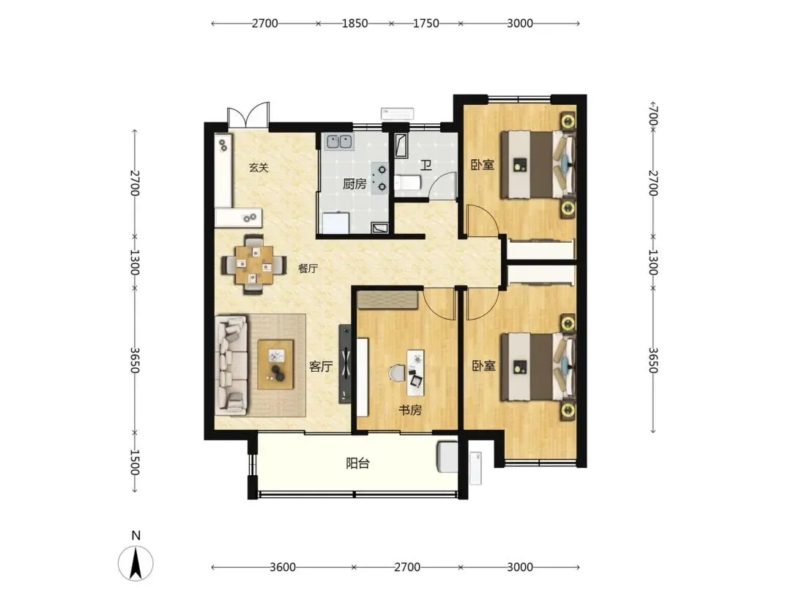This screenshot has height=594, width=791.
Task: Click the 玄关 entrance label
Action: coord(259,167)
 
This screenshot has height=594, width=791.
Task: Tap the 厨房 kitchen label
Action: coord(354,183)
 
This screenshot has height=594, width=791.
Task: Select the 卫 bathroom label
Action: coord(426,165)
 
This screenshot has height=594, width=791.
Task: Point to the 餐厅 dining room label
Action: coord(308,268)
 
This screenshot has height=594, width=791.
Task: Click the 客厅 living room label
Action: coord(321,366)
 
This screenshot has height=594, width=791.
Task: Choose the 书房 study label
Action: coord(409,410)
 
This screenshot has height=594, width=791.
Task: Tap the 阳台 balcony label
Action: coord(357,463)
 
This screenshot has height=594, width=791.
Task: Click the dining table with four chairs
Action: coord(253,265)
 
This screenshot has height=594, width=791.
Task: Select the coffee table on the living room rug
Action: coord(275,364)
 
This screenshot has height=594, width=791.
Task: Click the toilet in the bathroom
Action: coord(406,183)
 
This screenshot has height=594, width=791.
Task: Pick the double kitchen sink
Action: coord(339,142)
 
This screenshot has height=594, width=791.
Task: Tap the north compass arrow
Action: coord(135,562)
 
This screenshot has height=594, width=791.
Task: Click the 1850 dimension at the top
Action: coord(354,23)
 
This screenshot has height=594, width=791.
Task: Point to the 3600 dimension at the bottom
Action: coord(283,567)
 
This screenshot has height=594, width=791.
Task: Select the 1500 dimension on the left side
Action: coord(134,462)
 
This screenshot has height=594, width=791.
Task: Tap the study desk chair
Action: coord(398,373)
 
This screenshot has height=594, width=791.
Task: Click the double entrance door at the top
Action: coord(248,116)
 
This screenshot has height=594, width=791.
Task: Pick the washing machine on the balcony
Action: coord(448,457)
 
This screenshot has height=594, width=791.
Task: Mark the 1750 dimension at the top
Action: coord(426,23)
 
